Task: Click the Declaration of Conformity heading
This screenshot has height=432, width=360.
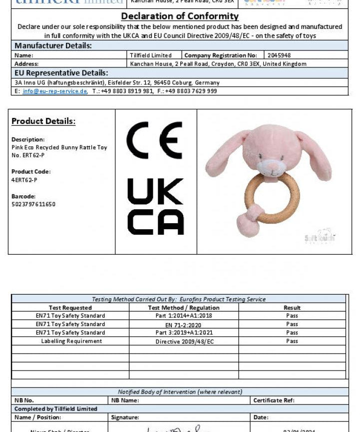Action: click(x=180, y=16)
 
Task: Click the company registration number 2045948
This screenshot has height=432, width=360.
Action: click(x=279, y=55)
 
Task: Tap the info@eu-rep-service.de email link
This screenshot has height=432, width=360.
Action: click(x=55, y=91)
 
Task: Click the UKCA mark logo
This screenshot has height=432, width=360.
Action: click(x=155, y=206)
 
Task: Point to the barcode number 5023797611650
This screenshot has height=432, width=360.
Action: click(x=33, y=204)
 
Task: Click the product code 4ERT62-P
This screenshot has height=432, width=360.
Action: click(x=24, y=180)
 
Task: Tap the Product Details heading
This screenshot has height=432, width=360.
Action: click(x=43, y=121)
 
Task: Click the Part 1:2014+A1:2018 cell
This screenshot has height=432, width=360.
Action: click(x=184, y=316)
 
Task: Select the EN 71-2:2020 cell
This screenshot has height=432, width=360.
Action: click(x=184, y=325)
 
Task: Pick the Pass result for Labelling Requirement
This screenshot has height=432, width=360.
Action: click(x=292, y=341)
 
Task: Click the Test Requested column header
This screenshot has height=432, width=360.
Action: click(x=70, y=308)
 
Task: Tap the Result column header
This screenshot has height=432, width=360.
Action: click(x=292, y=308)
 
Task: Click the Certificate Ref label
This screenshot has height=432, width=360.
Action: click(x=274, y=400)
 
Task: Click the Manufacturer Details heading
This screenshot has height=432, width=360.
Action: click(x=53, y=46)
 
